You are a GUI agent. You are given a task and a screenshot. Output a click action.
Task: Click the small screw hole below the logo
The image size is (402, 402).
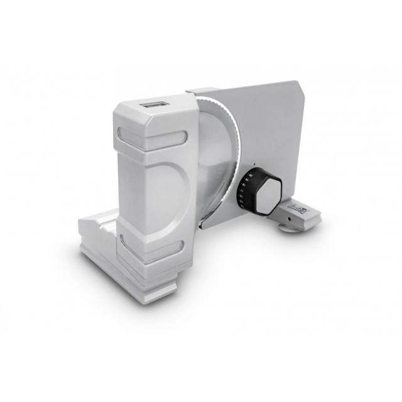[x=290, y=218]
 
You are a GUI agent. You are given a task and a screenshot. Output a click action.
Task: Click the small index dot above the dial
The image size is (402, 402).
[x=254, y=167]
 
